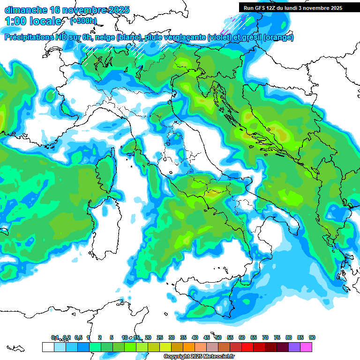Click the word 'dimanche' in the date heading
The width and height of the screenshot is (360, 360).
coord(26,10)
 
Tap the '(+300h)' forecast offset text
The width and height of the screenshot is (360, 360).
coord(83,21)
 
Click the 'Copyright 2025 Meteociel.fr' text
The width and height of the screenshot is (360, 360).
coord(199,357)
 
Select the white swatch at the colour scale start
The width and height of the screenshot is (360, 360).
coord(48,347)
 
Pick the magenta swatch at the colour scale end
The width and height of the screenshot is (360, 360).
coord(306,347)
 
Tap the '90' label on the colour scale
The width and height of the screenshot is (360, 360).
coord(312,337)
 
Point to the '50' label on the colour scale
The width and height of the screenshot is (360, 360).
coord(218,337)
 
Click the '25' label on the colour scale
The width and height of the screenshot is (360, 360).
coord(160,337)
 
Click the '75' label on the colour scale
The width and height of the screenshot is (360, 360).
coord(277,337)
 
